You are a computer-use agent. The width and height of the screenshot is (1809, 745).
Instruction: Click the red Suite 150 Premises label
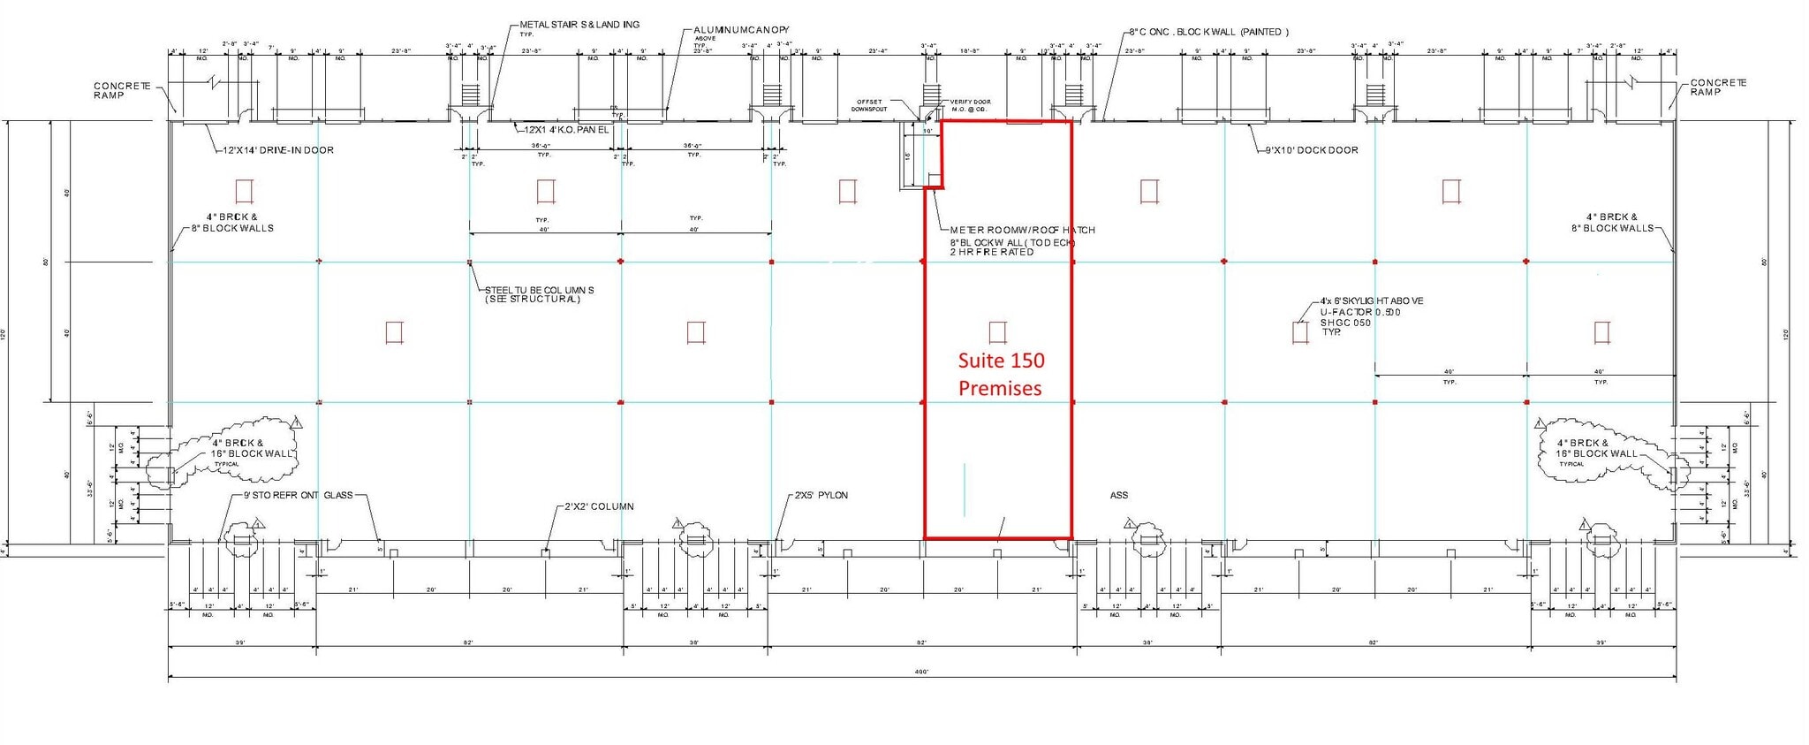pyautogui.click(x=1001, y=374)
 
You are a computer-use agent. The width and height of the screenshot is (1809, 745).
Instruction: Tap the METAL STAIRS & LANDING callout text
pyautogui.click(x=579, y=25)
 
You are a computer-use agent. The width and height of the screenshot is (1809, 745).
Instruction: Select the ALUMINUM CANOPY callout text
pyautogui.click(x=741, y=31)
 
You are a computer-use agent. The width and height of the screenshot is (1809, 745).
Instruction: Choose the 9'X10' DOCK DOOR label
pyautogui.click(x=1312, y=150)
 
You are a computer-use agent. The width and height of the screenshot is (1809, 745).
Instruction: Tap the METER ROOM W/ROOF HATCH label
pyautogui.click(x=1022, y=230)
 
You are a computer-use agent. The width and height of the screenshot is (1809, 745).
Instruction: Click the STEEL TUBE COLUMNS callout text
pyautogui.click(x=539, y=290)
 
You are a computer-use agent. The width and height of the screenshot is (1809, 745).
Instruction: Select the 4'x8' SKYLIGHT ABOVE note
pyautogui.click(x=1371, y=301)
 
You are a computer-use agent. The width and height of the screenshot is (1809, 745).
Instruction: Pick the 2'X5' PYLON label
pyautogui.click(x=821, y=496)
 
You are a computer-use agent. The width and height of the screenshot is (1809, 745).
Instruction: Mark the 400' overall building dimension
pyautogui.click(x=921, y=672)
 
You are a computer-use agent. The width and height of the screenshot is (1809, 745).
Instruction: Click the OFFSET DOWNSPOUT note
pyautogui.click(x=868, y=105)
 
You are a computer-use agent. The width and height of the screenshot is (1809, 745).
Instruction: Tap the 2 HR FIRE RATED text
pyautogui.click(x=992, y=253)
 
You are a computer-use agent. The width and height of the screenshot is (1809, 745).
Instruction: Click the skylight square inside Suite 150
pyautogui.click(x=997, y=332)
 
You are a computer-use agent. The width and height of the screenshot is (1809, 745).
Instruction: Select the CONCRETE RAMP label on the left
pyautogui.click(x=123, y=90)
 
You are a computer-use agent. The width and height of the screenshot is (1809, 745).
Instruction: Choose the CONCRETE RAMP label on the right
pyautogui.click(x=1718, y=87)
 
